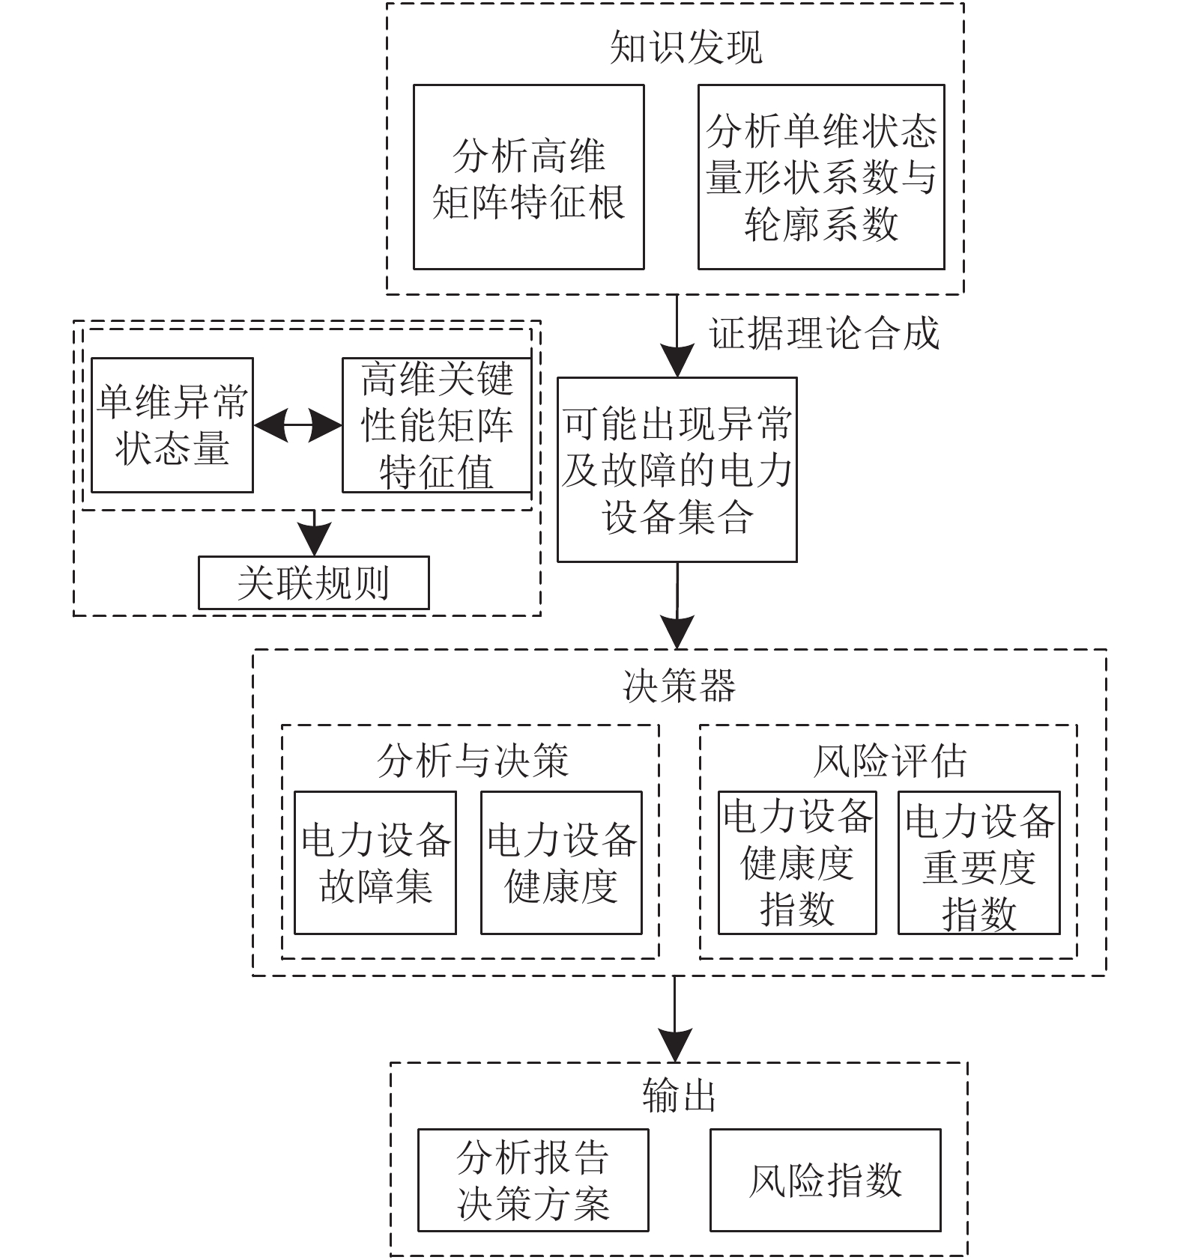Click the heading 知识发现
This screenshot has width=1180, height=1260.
pyautogui.click(x=686, y=47)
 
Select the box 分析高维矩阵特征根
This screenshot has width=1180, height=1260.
pyautogui.click(x=529, y=177)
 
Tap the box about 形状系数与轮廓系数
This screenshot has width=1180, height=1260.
pyautogui.click(x=821, y=177)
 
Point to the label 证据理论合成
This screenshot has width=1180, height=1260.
pyautogui.click(x=824, y=333)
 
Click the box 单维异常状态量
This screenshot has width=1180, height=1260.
pyautogui.click(x=172, y=425)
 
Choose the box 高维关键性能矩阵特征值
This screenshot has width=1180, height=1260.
pyautogui.click(x=437, y=425)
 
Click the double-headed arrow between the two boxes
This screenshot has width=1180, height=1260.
pyautogui.click(x=298, y=426)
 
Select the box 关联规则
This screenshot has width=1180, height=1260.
pyautogui.click(x=314, y=582)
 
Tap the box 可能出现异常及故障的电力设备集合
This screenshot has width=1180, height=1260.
pyautogui.click(x=677, y=469)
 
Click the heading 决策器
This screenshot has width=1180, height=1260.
pyautogui.click(x=680, y=686)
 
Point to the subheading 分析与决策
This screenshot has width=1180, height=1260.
pyautogui.click(x=473, y=761)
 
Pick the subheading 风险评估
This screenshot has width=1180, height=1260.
pyautogui.click(x=890, y=761)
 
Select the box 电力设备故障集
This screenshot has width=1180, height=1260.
pyautogui.click(x=375, y=862)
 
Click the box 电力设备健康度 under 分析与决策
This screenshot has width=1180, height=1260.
pyautogui.click(x=561, y=862)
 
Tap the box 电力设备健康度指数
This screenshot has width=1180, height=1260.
pyautogui.click(x=797, y=862)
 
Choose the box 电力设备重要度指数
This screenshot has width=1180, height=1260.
pyautogui.click(x=979, y=862)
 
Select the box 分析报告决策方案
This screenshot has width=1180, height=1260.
pyautogui.click(x=533, y=1181)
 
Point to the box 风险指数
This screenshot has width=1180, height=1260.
pyautogui.click(x=825, y=1181)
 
